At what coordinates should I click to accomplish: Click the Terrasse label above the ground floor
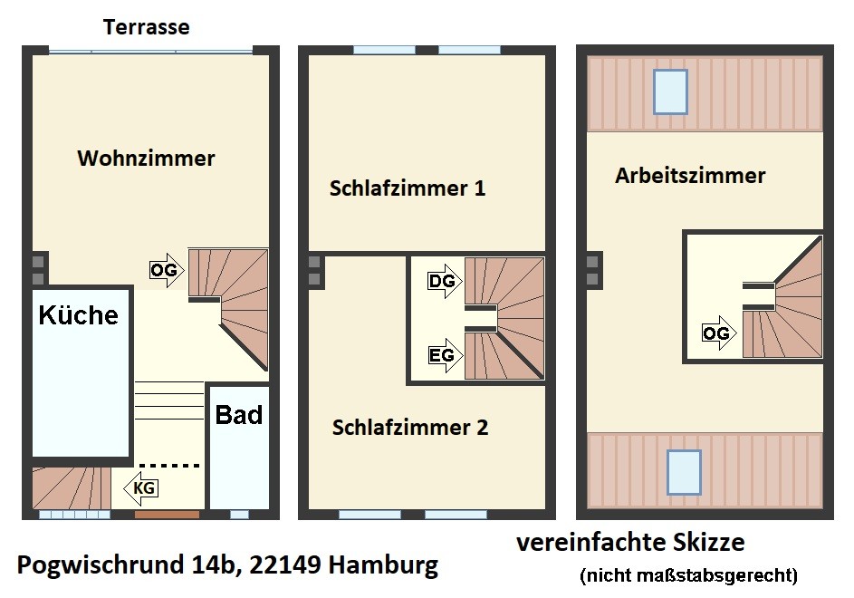[147, 26]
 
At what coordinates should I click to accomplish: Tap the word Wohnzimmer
[146, 158]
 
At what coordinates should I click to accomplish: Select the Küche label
[79, 315]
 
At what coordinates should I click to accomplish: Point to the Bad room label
[238, 415]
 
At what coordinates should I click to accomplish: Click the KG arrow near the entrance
[141, 487]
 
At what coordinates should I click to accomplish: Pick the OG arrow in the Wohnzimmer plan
[167, 270]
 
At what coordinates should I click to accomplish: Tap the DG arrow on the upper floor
[445, 281]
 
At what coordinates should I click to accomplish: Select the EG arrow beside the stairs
[445, 355]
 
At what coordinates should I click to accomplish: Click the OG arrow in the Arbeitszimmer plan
[719, 333]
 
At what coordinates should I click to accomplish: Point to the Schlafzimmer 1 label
[408, 188]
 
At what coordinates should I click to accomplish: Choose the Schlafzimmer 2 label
[410, 428]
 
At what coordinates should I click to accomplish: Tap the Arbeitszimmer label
[690, 176]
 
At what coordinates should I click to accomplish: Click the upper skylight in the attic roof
[670, 92]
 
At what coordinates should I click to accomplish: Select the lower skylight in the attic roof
[684, 472]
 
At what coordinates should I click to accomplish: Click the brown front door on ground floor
[167, 514]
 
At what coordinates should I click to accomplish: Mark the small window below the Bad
[239, 514]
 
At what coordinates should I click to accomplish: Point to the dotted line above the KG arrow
[169, 466]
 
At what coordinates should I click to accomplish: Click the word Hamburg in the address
[383, 565]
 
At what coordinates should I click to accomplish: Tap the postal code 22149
[284, 564]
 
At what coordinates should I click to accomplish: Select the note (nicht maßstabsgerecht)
[688, 575]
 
